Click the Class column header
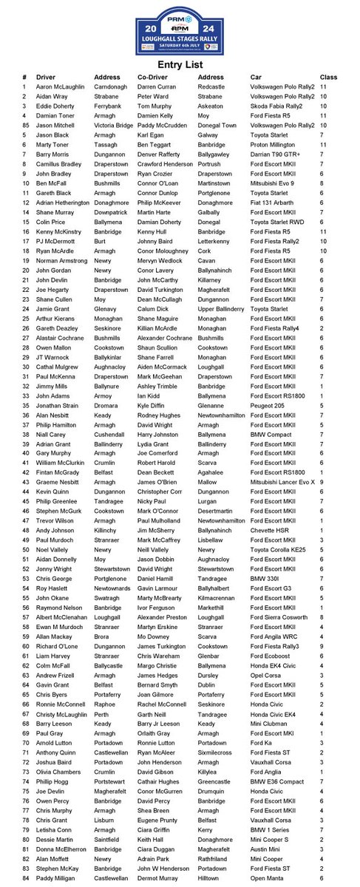click(x=328, y=78)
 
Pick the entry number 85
click(x=25, y=124)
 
